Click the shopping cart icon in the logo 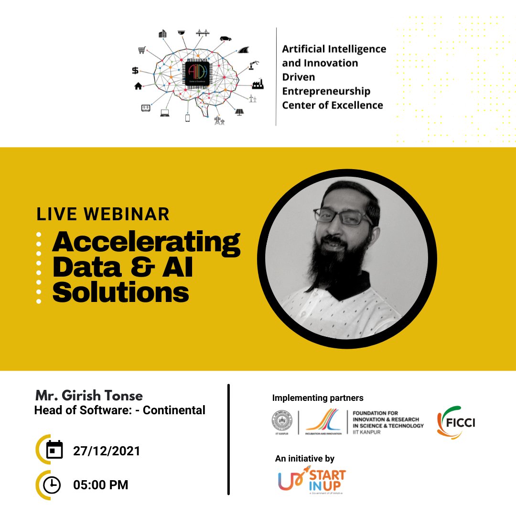(x=141, y=50)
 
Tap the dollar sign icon (x=135, y=71)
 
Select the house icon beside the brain (x=139, y=86)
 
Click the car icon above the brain (x=226, y=38)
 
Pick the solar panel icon (x=239, y=112)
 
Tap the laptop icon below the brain (x=165, y=113)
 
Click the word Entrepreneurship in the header (x=326, y=91)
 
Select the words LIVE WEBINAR (x=103, y=214)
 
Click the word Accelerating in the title (x=146, y=243)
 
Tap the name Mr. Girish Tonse (x=89, y=396)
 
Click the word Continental (x=174, y=410)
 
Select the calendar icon (x=54, y=450)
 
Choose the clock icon (x=52, y=485)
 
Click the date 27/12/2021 (x=107, y=451)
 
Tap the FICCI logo (x=456, y=423)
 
